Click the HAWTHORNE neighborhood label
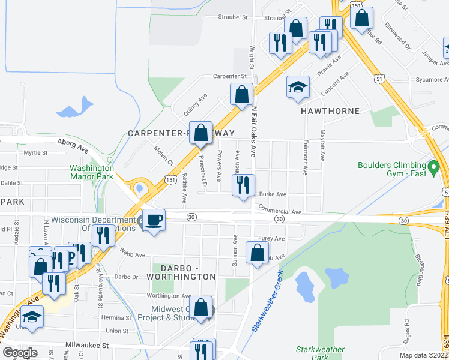[x=331, y=111]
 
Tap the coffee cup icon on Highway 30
[x=154, y=220]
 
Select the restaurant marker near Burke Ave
[x=243, y=185]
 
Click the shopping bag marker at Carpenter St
[x=241, y=95]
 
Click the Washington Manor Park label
[x=92, y=173]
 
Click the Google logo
[x=20, y=352]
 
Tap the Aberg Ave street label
[x=73, y=143]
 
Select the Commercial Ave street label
[x=280, y=211]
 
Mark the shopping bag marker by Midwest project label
[x=203, y=308]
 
